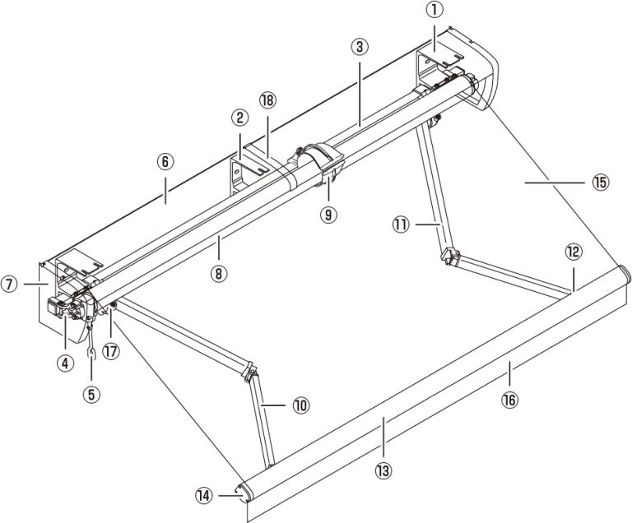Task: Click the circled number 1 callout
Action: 435,12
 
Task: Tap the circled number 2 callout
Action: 240,118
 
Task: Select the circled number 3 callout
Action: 358,47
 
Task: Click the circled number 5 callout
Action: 92,394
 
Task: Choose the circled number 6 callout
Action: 165,162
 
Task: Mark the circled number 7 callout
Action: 10,285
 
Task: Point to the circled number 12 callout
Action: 574,250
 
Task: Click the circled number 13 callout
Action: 383,470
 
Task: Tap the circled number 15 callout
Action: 600,183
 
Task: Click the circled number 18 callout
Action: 267,100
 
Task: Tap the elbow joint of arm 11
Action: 448,257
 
